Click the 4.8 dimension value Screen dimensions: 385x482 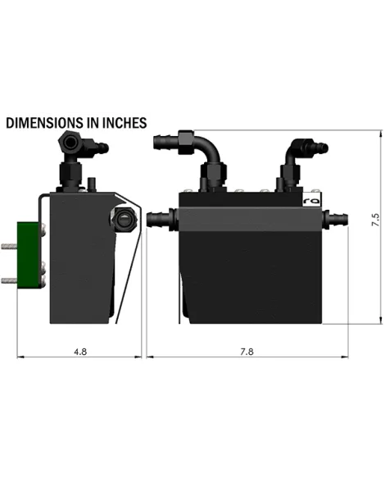pyautogui.click(x=80, y=352)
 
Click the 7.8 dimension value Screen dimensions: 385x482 pyautogui.click(x=247, y=352)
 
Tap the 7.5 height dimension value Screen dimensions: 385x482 pyautogui.click(x=376, y=220)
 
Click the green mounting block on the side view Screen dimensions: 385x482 pyautogui.click(x=29, y=255)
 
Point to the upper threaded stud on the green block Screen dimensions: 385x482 pyautogui.click(x=9, y=246)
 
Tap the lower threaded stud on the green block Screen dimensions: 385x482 pyautogui.click(x=9, y=280)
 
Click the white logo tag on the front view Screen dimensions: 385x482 pyautogui.click(x=312, y=200)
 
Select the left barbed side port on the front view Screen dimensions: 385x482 pyautogui.click(x=162, y=218)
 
